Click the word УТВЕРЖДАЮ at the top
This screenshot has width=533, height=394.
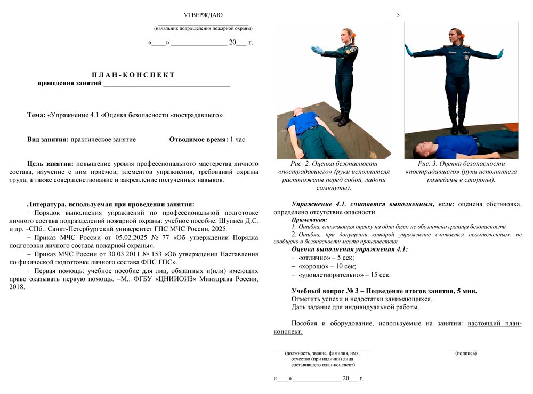pyautogui.click(x=203, y=15)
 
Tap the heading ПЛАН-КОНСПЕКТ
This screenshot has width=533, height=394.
pyautogui.click(x=133, y=75)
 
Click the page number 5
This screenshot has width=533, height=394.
pyautogui.click(x=398, y=15)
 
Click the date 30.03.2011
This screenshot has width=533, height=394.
pyautogui.click(x=131, y=254)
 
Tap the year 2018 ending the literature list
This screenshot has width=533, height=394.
pyautogui.click(x=17, y=287)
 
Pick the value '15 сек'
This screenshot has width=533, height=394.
pyautogui.click(x=381, y=275)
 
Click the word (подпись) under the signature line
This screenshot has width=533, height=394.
pyautogui.click(x=466, y=353)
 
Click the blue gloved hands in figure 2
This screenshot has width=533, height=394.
pyautogui.click(x=317, y=50)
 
